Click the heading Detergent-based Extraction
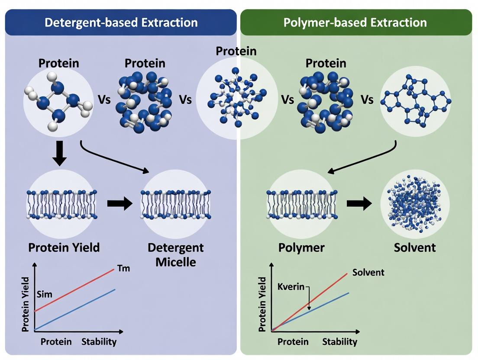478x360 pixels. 121,22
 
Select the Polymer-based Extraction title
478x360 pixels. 355,22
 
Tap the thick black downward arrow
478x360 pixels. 59,154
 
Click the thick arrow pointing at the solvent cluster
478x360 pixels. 359,203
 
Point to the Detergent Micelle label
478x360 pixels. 175,255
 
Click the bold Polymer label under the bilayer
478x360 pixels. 301,248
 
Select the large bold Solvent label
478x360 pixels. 415,248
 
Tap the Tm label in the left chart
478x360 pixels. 123,269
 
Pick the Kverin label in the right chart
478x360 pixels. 291,287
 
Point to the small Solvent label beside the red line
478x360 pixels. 368,273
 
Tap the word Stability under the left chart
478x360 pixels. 99,342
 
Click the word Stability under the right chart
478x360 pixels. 340,342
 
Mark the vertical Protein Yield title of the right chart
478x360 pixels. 262,304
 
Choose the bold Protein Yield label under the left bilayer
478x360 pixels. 64,247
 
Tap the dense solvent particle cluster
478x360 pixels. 414,203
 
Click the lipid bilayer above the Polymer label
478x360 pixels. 301,203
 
